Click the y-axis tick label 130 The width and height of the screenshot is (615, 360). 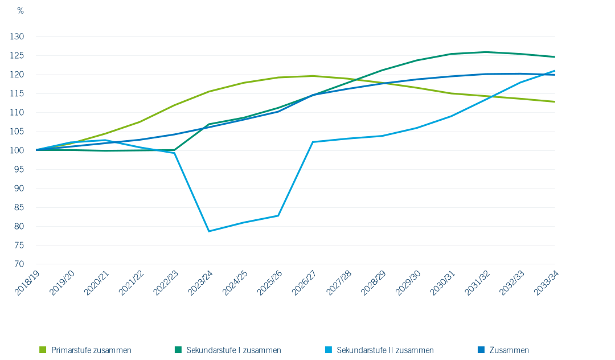pos(17,36)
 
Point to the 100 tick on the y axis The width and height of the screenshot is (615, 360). pos(17,150)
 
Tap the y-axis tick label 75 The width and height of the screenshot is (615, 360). pos(18,246)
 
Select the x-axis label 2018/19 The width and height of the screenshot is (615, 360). pos(26,283)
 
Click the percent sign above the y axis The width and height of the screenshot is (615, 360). pos(20,11)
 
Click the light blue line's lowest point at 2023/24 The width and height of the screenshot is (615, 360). pos(209,231)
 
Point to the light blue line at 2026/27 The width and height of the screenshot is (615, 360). pos(313,142)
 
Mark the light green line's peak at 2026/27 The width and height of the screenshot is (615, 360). pos(313,76)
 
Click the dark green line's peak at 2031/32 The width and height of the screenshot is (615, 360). pos(486,52)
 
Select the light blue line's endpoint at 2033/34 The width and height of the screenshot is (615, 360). pos(555,71)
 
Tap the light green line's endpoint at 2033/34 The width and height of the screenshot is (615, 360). pos(555,102)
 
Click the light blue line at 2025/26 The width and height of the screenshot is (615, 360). pos(278,215)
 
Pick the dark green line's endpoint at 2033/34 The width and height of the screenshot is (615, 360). pos(555,57)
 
